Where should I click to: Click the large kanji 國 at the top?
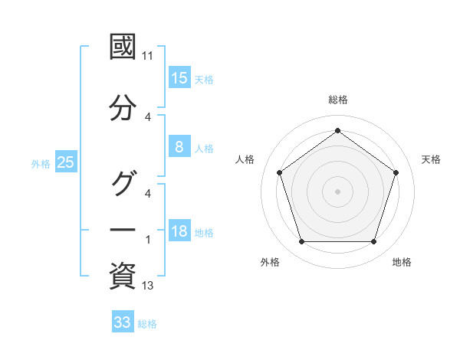coord(123,48)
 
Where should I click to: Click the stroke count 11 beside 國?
coord(148,56)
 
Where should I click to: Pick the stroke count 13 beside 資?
coord(148,286)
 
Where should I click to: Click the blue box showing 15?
coord(179,78)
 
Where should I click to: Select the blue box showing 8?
coord(179,147)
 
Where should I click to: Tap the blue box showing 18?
coord(179,232)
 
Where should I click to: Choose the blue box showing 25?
coord(65,162)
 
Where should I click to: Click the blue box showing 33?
coord(123,322)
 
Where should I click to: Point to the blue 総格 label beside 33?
coord(148,324)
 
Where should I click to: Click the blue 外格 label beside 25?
coord(41,163)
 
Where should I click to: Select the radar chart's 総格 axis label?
coord(337,100)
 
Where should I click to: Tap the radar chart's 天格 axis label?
coord(432,159)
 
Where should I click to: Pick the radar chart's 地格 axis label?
coord(402,262)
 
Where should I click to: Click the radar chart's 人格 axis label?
coord(245,159)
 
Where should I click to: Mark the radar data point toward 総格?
coord(337,131)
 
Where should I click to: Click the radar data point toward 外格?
coord(301,242)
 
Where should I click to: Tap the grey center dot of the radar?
coord(337,191)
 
